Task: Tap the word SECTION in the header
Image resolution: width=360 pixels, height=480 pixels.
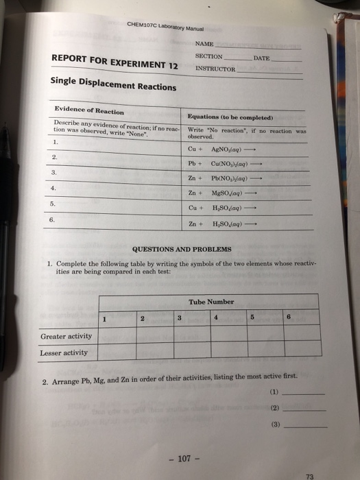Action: [x=208, y=57]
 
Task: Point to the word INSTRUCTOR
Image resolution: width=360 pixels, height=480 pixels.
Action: [x=215, y=69]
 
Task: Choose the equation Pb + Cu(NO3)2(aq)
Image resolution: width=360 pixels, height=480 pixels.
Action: [x=232, y=163]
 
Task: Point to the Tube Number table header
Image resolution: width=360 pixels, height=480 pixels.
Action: [x=211, y=302]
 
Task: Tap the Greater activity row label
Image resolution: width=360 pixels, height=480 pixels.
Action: [x=66, y=337]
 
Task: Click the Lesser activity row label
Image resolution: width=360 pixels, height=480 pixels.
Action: [x=64, y=352]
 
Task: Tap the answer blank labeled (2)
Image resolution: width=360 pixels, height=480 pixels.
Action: [x=304, y=409]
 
